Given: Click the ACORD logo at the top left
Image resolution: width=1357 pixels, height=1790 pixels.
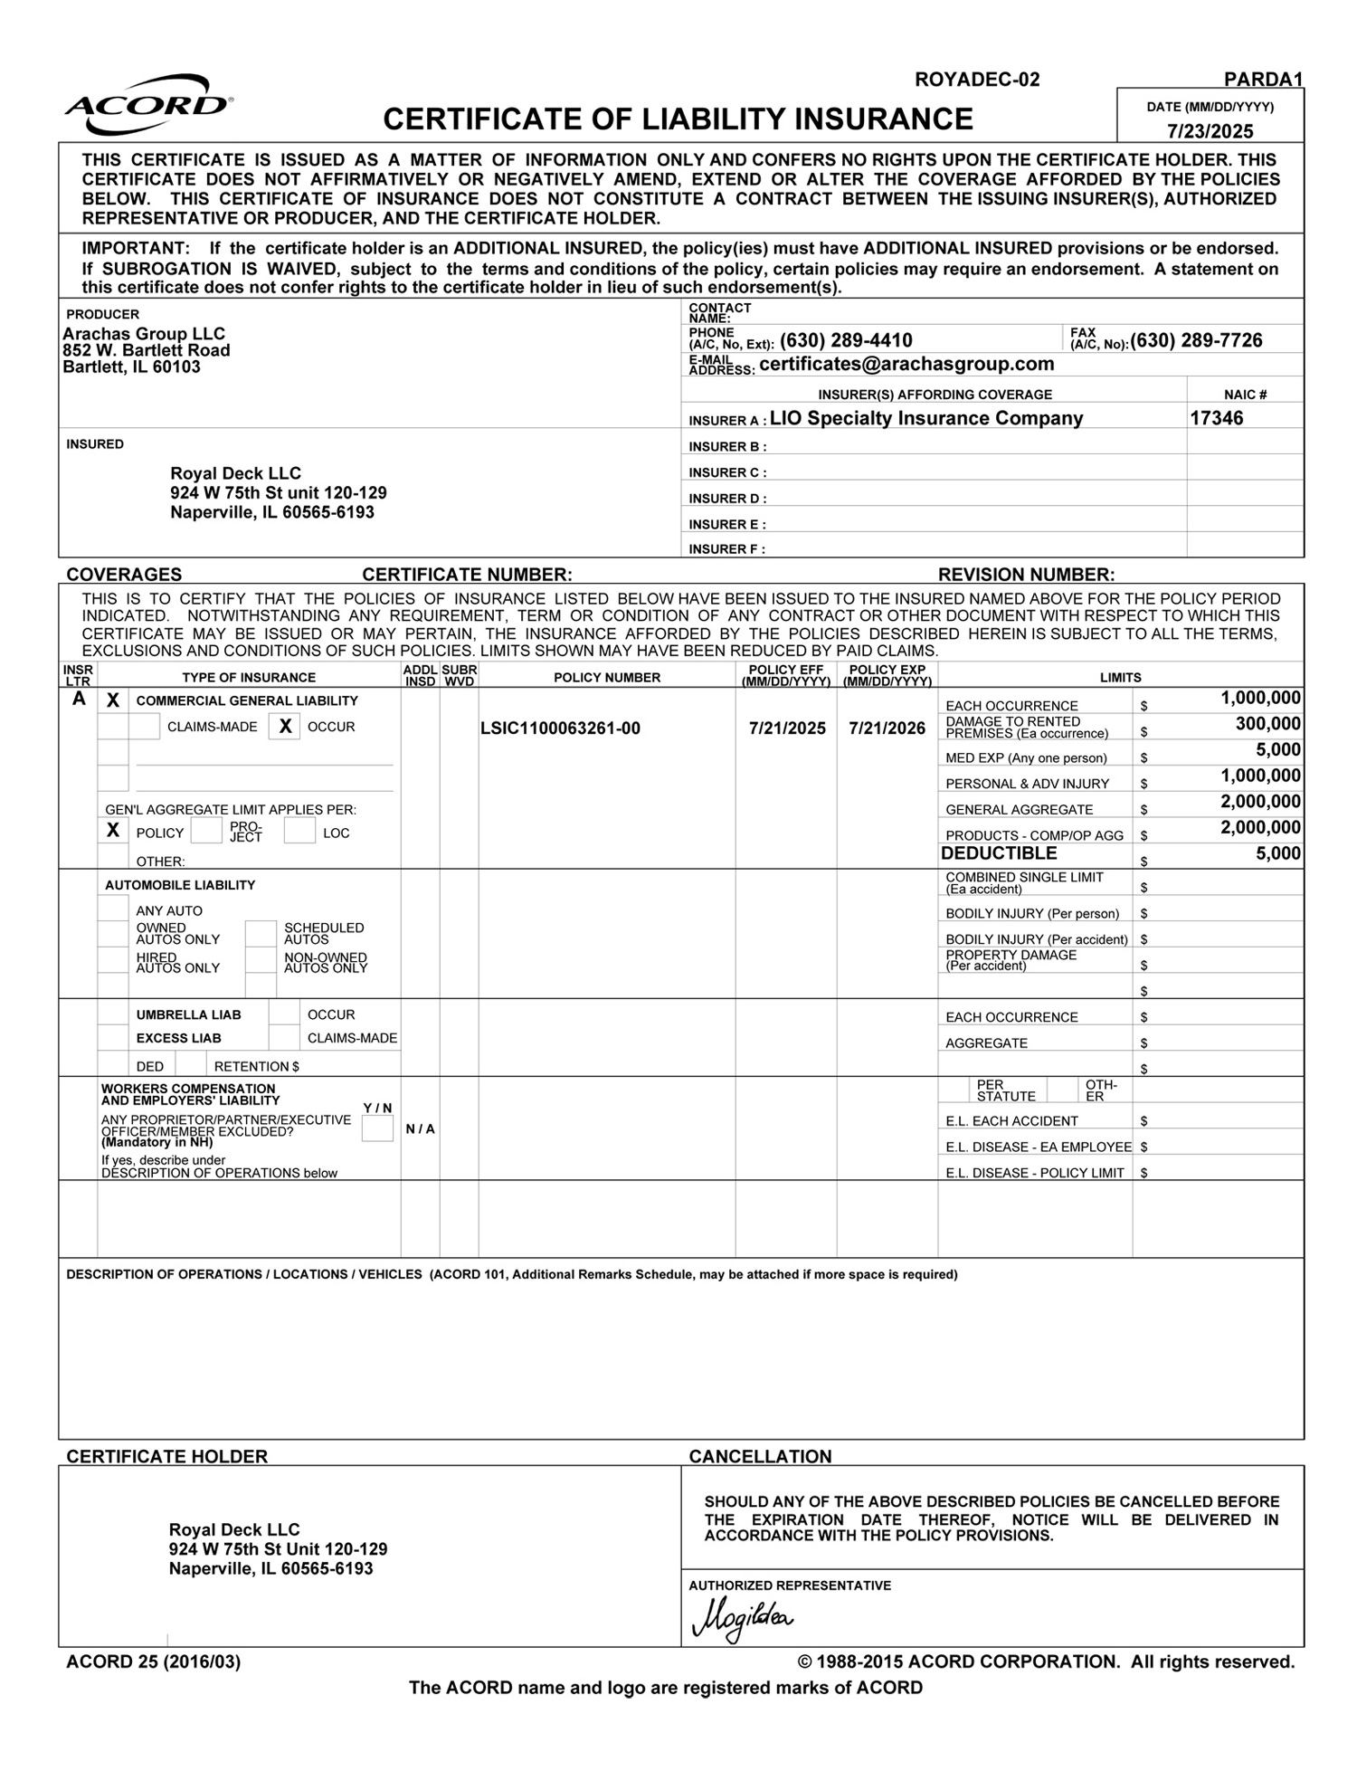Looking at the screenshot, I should coord(148,106).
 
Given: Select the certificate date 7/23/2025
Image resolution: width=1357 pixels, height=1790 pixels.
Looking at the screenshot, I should coord(1210,131).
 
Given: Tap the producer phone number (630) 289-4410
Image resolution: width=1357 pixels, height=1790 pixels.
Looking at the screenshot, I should coord(846,341).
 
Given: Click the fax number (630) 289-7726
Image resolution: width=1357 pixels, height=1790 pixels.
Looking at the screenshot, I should coord(1196,341).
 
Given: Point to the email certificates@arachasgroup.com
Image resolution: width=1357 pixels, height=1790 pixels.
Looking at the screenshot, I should coord(906,365).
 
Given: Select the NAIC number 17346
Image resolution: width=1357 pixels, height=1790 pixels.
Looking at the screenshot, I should coord(1216,418).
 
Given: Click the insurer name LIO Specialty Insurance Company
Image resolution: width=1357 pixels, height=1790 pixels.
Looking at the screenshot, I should coord(925,418).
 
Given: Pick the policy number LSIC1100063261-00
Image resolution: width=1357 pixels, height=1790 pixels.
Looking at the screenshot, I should coord(560,728).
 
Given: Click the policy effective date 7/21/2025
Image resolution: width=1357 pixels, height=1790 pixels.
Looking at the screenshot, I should coord(787,728).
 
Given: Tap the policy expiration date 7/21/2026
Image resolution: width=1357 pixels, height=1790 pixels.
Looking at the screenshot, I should coord(887,728).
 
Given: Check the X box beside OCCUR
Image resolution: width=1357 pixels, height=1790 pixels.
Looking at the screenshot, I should coord(285,727).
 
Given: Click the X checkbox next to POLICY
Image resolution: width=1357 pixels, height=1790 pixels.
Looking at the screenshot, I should coord(113,831).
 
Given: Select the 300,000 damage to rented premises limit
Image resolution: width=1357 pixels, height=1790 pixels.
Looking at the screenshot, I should coord(1267,724).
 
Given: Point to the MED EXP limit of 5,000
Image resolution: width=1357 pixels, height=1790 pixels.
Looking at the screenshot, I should coord(1277,750).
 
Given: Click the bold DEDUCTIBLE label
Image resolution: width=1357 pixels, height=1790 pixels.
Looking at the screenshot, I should coord(999,853).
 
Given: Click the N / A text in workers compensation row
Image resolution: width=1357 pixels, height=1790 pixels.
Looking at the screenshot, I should coord(420,1129).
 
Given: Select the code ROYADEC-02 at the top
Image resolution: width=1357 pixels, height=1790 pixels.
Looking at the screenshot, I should coord(977,80).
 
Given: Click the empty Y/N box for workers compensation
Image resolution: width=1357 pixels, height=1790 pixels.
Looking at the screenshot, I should coord(377,1128).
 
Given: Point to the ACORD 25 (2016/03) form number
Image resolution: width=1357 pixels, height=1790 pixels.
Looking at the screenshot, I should coord(154,1661).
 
